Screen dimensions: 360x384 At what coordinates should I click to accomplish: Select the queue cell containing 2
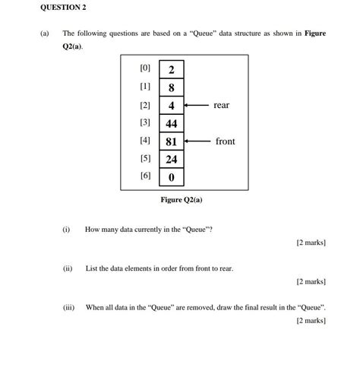point(172,69)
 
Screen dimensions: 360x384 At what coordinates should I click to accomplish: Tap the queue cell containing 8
point(172,87)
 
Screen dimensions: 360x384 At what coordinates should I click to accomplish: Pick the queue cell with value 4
point(172,105)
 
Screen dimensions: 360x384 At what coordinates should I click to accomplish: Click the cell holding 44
point(172,123)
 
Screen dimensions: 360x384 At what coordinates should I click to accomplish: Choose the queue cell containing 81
point(172,141)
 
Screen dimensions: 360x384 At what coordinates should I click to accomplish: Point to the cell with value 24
point(172,160)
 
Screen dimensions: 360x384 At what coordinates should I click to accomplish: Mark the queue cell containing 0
point(172,178)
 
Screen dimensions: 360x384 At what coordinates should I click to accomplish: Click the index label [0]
point(146,68)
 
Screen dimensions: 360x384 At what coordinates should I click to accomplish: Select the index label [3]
point(146,122)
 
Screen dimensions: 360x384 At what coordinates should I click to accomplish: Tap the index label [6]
point(146,176)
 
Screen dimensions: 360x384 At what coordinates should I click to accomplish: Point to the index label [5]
point(146,158)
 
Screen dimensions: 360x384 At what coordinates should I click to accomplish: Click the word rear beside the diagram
point(221,105)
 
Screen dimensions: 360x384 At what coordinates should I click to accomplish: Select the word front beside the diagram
point(225,141)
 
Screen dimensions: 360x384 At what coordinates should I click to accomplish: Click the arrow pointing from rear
point(196,105)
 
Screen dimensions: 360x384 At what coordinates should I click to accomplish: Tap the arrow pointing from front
point(197,141)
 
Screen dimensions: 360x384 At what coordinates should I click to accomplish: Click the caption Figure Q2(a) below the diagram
point(182,200)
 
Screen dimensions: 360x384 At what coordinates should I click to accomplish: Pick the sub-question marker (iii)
point(68,308)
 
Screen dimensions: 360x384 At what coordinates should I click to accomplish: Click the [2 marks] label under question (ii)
point(311,282)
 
